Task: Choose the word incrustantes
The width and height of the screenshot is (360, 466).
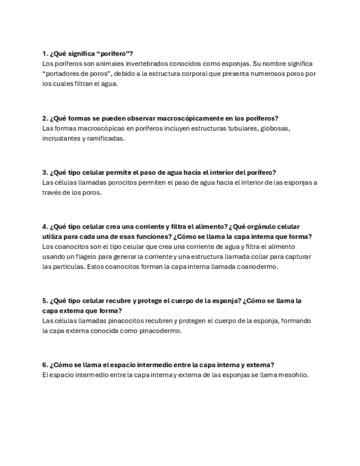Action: [x=61, y=138]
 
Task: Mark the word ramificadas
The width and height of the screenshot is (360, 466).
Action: [x=106, y=138]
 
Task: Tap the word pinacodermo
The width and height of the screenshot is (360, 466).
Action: [x=159, y=331]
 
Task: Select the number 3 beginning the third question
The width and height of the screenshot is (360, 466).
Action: [x=45, y=173]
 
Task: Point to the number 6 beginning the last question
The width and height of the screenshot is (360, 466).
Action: [x=45, y=365]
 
